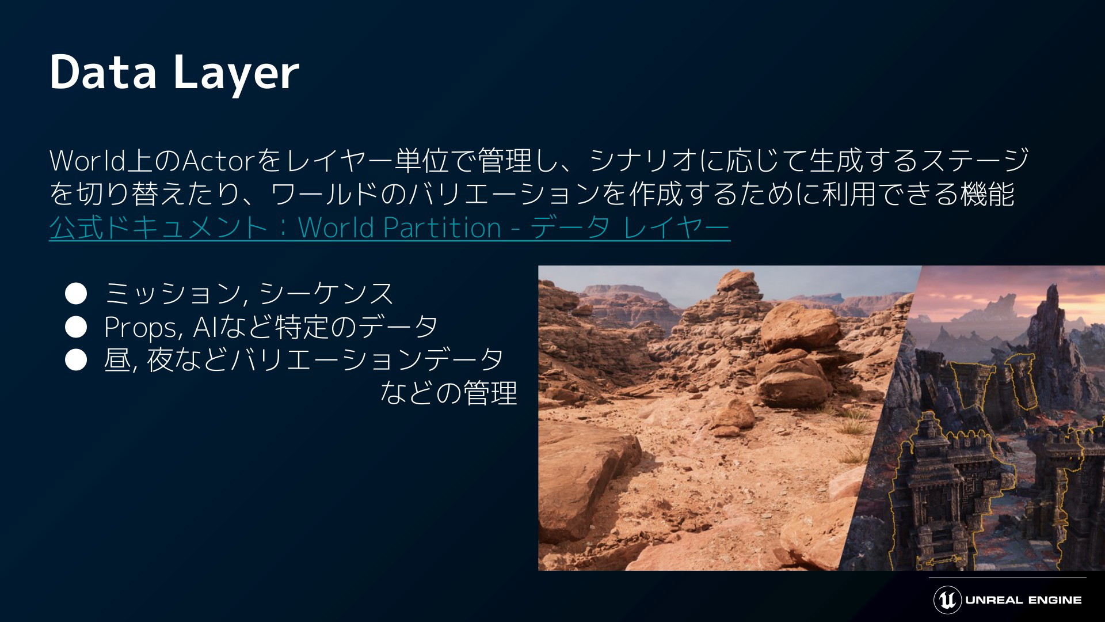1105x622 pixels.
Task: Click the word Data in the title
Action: (x=103, y=72)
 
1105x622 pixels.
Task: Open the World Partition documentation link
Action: (x=390, y=228)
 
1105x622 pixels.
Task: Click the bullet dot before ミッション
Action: (x=76, y=294)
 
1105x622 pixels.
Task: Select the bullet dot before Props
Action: (x=76, y=327)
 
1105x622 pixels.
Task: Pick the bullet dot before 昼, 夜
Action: (x=76, y=361)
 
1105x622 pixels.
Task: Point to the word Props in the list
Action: (x=143, y=328)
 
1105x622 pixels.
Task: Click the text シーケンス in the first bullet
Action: (x=326, y=294)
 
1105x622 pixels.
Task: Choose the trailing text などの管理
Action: (x=449, y=393)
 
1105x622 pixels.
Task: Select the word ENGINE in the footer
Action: (x=1055, y=600)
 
